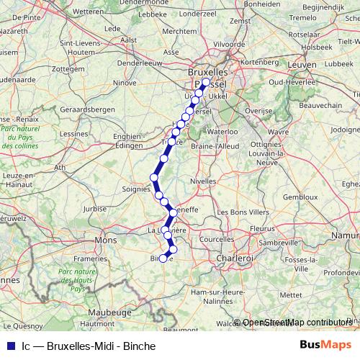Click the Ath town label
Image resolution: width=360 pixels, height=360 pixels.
coord(60,167)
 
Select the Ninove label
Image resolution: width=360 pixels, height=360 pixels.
coord(124,83)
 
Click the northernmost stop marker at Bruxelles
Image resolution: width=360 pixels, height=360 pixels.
coord(205,83)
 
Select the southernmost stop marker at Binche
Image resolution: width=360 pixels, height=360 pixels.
coord(163,258)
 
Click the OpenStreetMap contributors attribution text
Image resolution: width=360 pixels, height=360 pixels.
coord(297,323)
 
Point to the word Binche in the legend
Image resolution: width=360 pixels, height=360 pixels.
coord(139,346)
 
